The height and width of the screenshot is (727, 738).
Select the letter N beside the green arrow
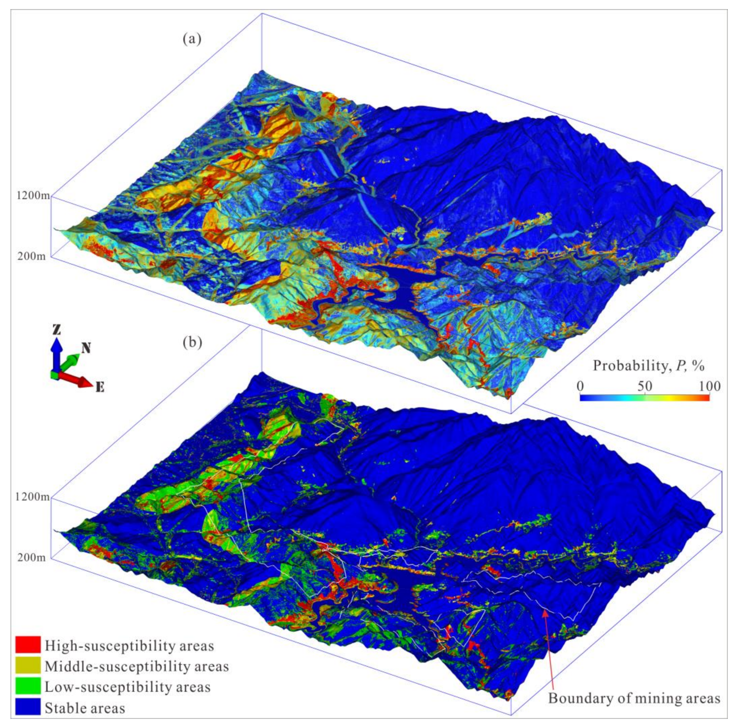point(86,347)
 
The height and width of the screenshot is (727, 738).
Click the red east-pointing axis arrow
point(78,380)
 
